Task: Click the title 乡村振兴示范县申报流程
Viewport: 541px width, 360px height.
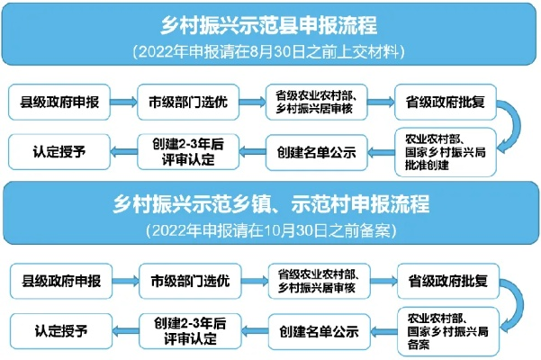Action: (x=268, y=25)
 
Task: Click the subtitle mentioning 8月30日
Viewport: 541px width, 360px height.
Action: (x=268, y=52)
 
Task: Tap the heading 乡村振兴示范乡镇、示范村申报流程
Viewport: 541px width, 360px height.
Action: (x=271, y=203)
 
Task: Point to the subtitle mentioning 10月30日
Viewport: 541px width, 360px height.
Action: (x=271, y=230)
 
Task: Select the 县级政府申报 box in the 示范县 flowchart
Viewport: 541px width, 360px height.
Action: (x=59, y=102)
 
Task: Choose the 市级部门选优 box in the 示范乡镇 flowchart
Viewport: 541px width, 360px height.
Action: (x=190, y=281)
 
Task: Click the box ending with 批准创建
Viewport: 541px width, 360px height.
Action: (x=446, y=152)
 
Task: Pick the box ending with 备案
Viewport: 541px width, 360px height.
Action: (x=448, y=331)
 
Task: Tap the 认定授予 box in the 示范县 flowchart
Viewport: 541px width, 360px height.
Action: (x=59, y=152)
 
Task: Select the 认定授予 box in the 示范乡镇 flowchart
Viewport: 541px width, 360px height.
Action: (x=61, y=331)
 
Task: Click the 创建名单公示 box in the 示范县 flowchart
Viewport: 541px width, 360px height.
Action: (x=316, y=152)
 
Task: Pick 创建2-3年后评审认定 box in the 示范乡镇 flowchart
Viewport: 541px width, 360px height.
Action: (x=190, y=331)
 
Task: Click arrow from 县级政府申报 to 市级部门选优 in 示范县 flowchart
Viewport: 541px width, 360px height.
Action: (x=124, y=102)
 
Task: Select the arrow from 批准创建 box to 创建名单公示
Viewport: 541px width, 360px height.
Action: (x=382, y=152)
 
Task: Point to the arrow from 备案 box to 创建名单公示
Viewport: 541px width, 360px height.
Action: (x=384, y=331)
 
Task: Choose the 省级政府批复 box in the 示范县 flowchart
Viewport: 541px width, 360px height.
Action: (x=446, y=102)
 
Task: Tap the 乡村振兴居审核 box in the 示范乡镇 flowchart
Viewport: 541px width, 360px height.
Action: (x=320, y=281)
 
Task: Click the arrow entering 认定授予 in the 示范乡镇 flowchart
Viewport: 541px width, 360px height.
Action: (x=126, y=331)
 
